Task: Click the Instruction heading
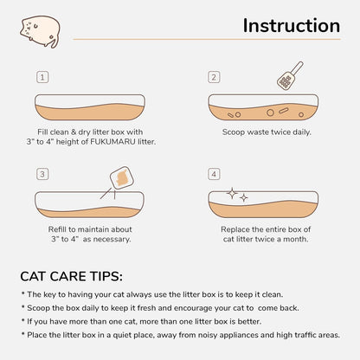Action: tap(291, 26)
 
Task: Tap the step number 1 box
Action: tap(42, 77)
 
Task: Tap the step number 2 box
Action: tap(214, 77)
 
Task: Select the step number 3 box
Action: tap(42, 174)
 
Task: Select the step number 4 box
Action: tap(214, 174)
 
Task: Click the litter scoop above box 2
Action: tap(288, 75)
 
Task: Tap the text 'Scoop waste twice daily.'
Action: tap(267, 132)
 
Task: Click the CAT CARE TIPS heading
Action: tap(71, 277)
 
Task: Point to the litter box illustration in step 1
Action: tap(95, 106)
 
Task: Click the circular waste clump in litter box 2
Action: tap(270, 112)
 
